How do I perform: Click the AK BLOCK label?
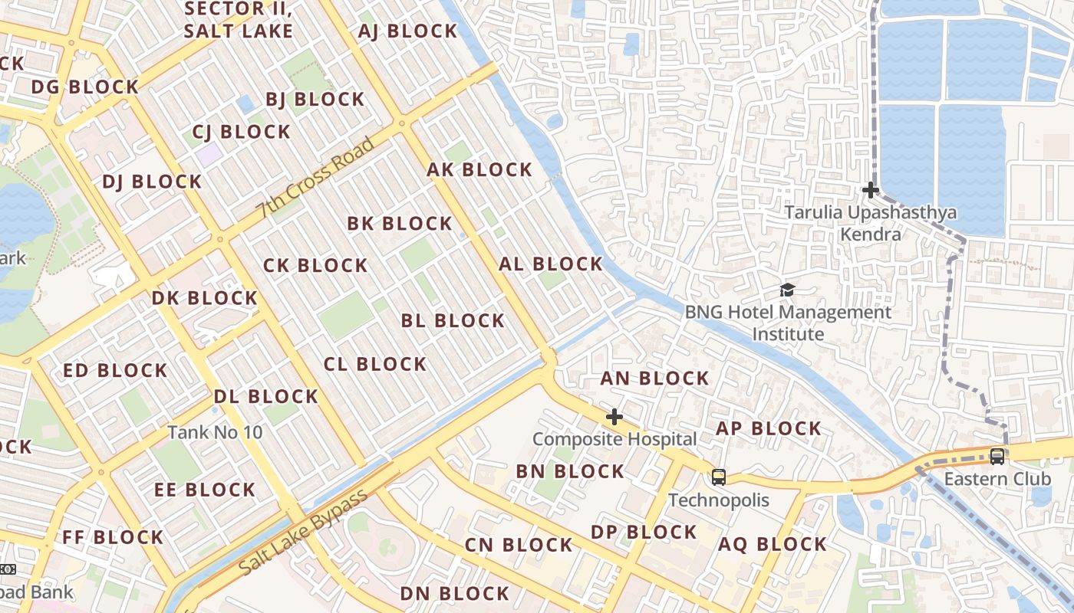(479, 170)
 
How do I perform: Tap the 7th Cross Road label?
(316, 178)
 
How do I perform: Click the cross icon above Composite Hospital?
(614, 418)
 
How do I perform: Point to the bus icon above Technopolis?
(719, 477)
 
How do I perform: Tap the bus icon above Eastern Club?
(997, 457)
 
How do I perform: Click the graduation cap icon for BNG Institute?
(787, 290)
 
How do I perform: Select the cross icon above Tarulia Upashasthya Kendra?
(871, 190)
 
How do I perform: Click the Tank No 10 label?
(215, 432)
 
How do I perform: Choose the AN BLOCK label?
(654, 379)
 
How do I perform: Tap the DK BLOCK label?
(205, 298)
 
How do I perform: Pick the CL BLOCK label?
(375, 364)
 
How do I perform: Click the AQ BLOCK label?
(772, 545)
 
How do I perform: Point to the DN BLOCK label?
(454, 594)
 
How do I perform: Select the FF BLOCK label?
(113, 537)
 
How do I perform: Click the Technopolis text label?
(719, 500)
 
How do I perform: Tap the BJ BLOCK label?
(315, 100)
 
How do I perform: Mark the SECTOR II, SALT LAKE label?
(238, 21)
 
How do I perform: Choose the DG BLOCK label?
(84, 87)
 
